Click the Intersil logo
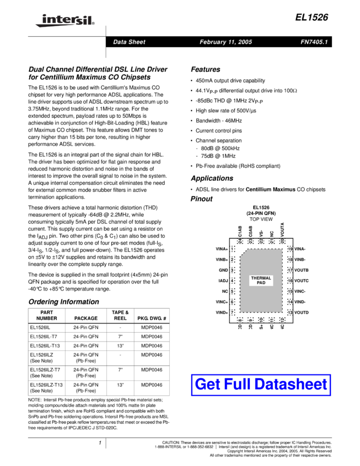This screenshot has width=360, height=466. pyautogui.click(x=63, y=21)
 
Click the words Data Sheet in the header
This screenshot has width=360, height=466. pyautogui.click(x=129, y=42)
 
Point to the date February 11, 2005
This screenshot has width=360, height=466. pyautogui.click(x=226, y=42)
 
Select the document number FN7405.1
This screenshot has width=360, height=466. pyautogui.click(x=314, y=42)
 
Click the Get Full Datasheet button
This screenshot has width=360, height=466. pyautogui.click(x=261, y=385)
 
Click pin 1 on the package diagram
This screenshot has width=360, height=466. pyautogui.click(x=232, y=249)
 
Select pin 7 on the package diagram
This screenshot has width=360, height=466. pyautogui.click(x=232, y=312)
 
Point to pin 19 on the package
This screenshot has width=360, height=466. pyautogui.click(x=290, y=249)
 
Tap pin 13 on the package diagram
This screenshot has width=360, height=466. pyautogui.click(x=290, y=312)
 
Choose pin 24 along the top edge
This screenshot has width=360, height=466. pyautogui.click(x=240, y=241)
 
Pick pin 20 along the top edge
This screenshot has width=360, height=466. pyautogui.click(x=282, y=241)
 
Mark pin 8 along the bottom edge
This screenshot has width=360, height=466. pyautogui.click(x=240, y=320)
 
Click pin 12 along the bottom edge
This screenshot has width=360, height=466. pyautogui.click(x=282, y=320)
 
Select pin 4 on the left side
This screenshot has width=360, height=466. pyautogui.click(x=232, y=281)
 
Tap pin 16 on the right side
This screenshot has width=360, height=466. pyautogui.click(x=290, y=281)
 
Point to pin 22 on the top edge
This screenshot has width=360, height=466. pyautogui.click(x=261, y=241)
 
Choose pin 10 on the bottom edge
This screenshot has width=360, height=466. pyautogui.click(x=261, y=320)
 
